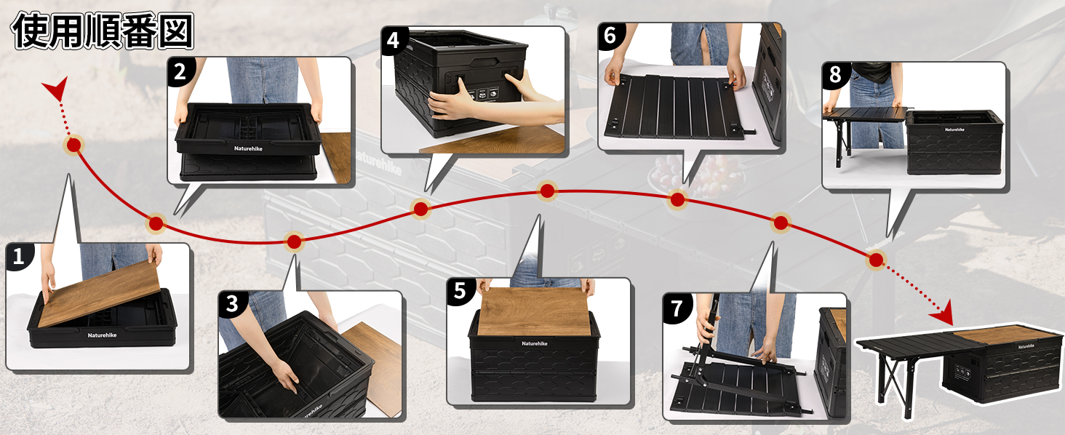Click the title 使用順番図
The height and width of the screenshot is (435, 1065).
(103, 31)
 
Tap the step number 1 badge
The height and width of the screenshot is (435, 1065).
(19, 258)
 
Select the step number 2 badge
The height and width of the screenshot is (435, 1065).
(180, 72)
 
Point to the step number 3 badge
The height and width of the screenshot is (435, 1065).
(233, 304)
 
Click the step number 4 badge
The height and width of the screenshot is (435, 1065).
(394, 41)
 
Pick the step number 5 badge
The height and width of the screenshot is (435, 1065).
(460, 291)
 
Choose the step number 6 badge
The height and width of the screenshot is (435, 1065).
(610, 36)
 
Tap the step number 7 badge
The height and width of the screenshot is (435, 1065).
(677, 308)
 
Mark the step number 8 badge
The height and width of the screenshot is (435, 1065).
(836, 75)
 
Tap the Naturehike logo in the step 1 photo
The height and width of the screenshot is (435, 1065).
(102, 335)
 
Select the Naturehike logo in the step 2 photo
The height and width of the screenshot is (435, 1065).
(248, 148)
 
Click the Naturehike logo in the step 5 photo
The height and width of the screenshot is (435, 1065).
(535, 343)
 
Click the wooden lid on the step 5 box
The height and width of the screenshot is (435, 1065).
(535, 311)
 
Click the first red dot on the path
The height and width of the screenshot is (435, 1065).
(73, 145)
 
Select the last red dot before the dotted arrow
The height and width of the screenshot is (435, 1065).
(876, 260)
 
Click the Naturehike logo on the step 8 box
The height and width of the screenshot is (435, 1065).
(954, 129)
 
